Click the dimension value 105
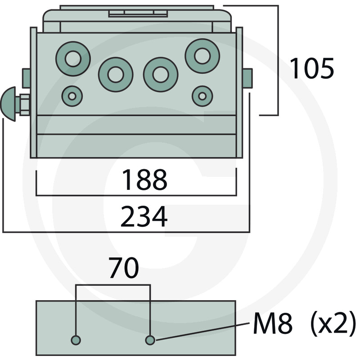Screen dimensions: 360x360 (x=311, y=69)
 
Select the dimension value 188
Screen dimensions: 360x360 (x=144, y=180)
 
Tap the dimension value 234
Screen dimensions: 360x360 (x=144, y=217)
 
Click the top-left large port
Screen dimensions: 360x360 (x=73, y=58)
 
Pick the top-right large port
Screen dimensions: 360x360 (x=202, y=55)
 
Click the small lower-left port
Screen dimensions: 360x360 (x=72, y=96)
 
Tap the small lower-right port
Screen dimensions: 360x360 (x=202, y=96)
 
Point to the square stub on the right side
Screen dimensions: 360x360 (x=247, y=78)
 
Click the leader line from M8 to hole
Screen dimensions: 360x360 (x=202, y=331)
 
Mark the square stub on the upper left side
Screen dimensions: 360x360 (x=26, y=78)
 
